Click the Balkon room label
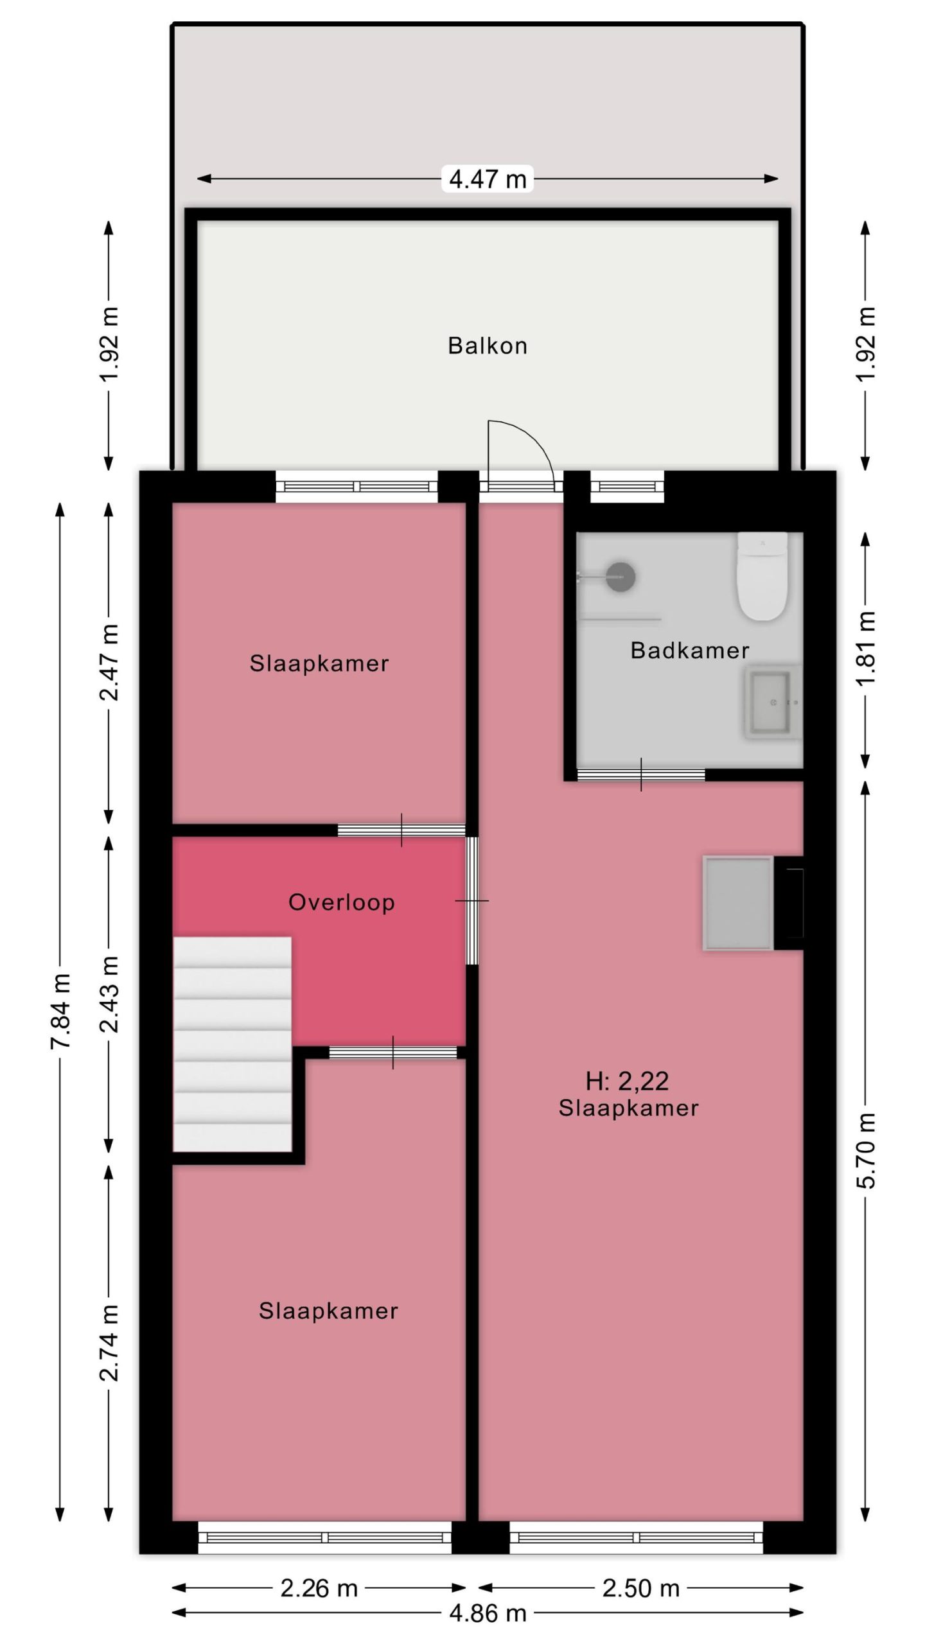click(x=488, y=345)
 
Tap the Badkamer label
click(x=690, y=651)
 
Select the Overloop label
click(x=341, y=902)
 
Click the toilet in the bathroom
click(x=762, y=576)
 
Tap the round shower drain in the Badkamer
click(x=621, y=576)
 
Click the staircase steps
click(x=232, y=1044)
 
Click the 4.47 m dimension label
click(x=488, y=179)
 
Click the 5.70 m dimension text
click(x=866, y=1150)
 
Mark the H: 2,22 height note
click(x=627, y=1081)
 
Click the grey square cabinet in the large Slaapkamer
click(x=738, y=902)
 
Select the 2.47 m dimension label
click(x=109, y=662)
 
